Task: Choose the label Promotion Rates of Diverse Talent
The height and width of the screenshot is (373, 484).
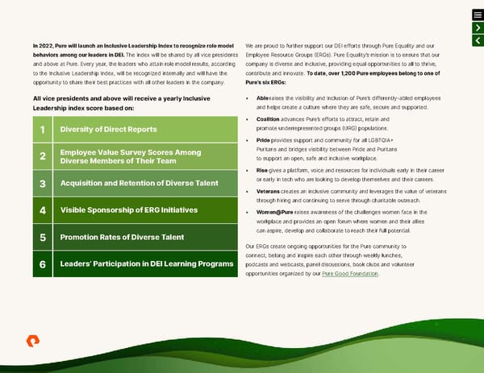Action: (120, 238)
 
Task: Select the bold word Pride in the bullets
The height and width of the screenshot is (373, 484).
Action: (263, 141)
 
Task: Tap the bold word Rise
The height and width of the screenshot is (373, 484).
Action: (262, 170)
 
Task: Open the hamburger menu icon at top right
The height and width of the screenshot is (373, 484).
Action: (477, 15)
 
